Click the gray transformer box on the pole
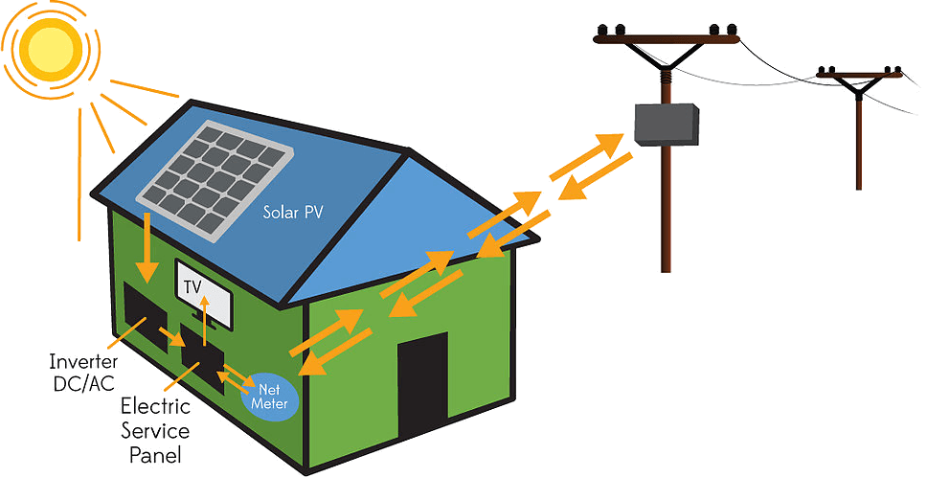(667, 125)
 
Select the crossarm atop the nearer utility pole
(667, 39)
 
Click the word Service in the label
(155, 430)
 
